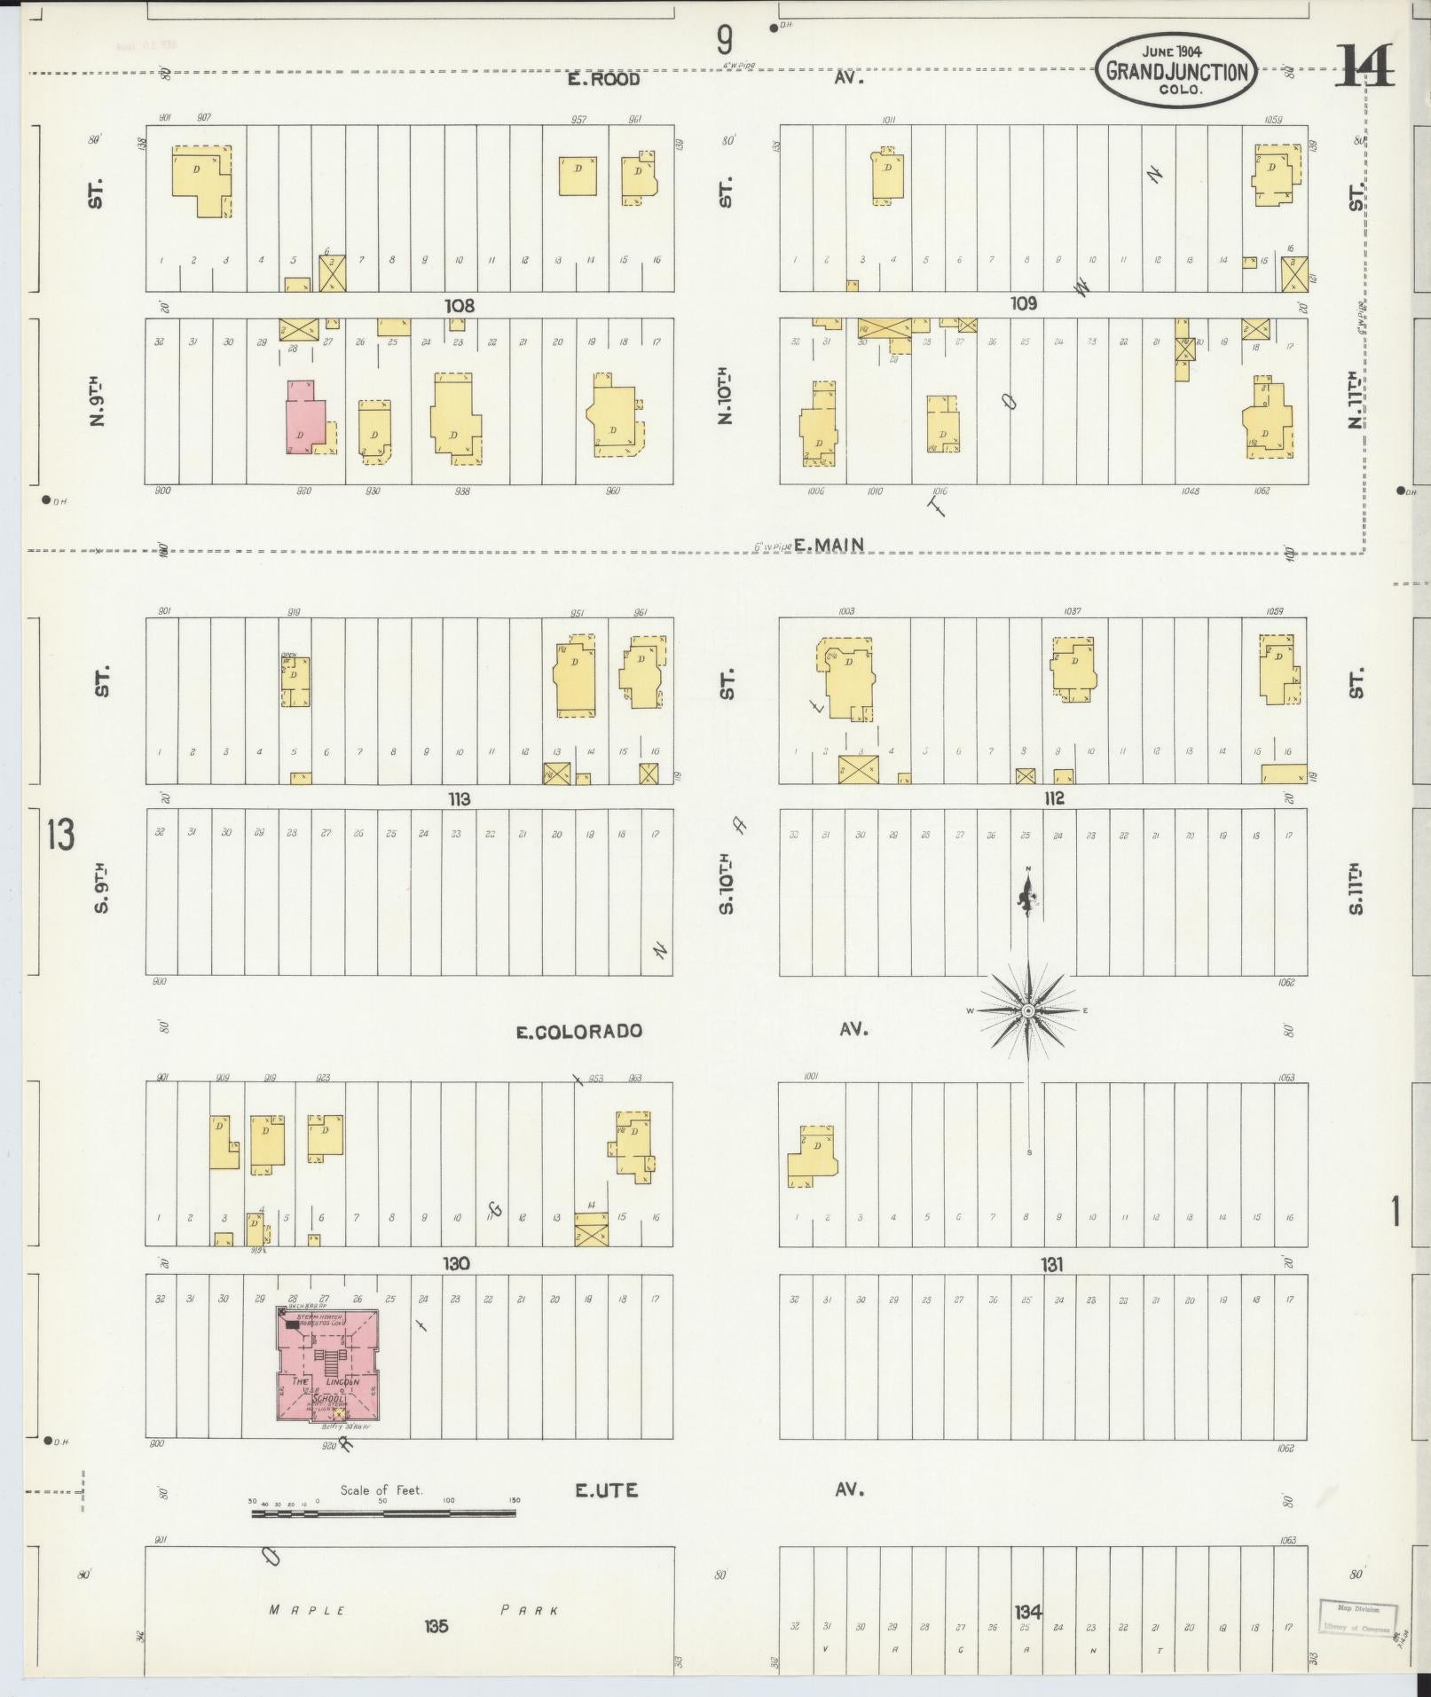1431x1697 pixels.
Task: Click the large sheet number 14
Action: (1364, 67)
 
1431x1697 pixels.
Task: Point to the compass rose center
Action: (1027, 1010)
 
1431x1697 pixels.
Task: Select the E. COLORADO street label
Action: (579, 1031)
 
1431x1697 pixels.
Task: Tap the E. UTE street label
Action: (606, 1489)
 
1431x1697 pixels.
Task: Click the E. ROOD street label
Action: (604, 79)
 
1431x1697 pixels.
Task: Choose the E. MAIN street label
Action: (829, 545)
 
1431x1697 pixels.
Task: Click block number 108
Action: (460, 305)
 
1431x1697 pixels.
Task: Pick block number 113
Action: (459, 798)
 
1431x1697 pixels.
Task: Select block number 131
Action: (1052, 1264)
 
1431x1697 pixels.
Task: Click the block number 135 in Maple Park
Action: (436, 1626)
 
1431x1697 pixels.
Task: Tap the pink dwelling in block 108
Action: (302, 419)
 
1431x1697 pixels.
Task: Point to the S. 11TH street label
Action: (1355, 890)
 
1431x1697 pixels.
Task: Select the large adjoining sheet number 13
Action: (61, 834)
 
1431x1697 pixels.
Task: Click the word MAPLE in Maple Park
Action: (306, 1609)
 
